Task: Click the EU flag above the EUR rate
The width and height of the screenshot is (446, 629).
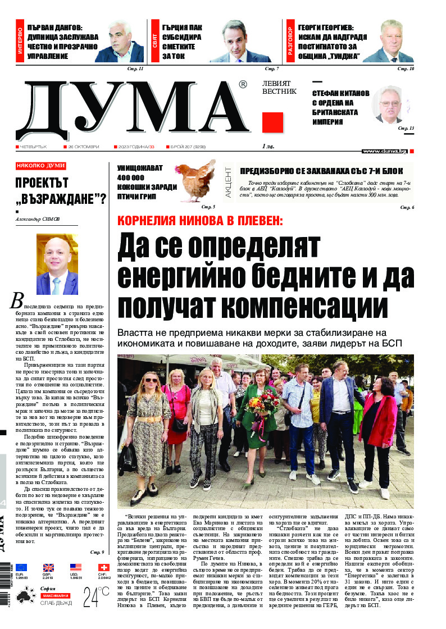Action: tap(21, 567)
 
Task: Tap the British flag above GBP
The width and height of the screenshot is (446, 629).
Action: tap(49, 567)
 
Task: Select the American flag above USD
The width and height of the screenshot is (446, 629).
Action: tap(76, 567)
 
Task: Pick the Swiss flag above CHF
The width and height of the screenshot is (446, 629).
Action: tap(103, 567)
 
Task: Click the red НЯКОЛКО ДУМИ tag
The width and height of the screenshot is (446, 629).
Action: tap(40, 166)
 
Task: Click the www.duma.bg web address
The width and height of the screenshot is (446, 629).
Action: tap(384, 151)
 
